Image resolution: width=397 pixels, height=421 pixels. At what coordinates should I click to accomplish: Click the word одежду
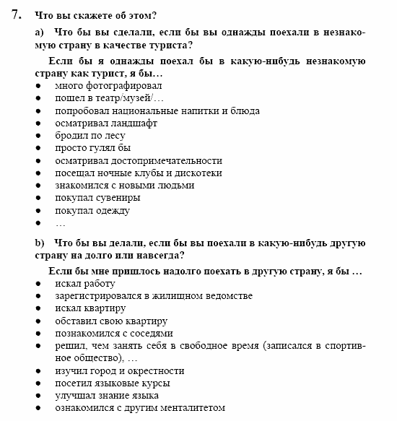tap(112, 211)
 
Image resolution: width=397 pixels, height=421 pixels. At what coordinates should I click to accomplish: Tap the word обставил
tap(77, 321)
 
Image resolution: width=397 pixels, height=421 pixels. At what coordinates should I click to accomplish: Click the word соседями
tap(147, 334)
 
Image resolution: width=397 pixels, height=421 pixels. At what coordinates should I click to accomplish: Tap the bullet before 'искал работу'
tap(38, 285)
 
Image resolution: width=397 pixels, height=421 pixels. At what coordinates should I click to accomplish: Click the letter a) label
tap(40, 32)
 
